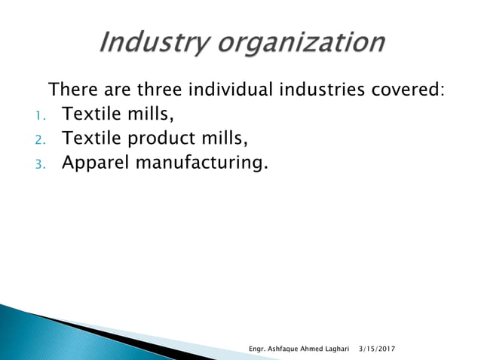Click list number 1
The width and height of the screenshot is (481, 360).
(40, 116)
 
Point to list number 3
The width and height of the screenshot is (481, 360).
(41, 164)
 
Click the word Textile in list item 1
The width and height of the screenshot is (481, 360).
(91, 114)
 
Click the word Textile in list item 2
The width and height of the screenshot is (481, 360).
(91, 139)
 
